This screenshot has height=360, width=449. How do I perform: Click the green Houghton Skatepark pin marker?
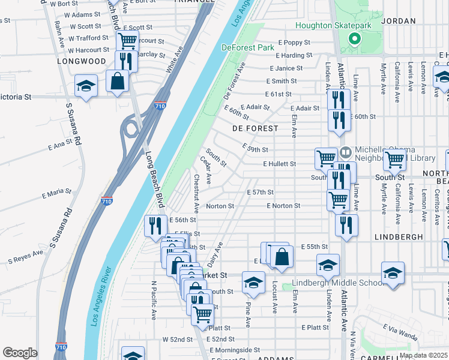click(x=354, y=40)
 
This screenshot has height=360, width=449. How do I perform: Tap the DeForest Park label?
click(x=247, y=47)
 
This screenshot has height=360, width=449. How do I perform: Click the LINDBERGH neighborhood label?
click(x=399, y=237)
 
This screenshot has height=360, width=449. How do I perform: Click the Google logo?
click(x=20, y=353)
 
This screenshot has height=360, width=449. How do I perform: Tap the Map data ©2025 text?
click(x=423, y=355)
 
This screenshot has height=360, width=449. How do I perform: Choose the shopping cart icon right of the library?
click(x=394, y=159)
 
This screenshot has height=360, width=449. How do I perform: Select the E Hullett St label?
click(x=279, y=164)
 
